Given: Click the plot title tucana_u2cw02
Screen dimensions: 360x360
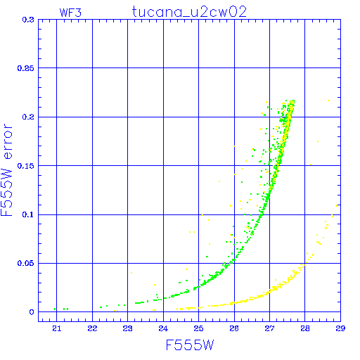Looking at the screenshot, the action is coord(189,12).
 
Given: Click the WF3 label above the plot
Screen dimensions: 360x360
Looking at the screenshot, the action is coord(70,13).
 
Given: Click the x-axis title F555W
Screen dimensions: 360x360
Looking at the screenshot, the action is coord(190,345).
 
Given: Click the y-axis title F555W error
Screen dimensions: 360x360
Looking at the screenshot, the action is coord(7,170).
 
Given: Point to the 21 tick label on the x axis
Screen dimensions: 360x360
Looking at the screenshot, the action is coord(57,328).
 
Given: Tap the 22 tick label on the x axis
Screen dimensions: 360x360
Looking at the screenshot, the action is coord(92,328).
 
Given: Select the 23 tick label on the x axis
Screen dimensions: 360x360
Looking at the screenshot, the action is coord(128,328).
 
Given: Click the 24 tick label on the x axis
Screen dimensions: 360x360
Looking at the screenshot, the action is coord(163,328).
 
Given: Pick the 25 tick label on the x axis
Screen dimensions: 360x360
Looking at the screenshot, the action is coord(198,328).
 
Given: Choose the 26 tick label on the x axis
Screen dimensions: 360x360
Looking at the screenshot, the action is coord(234,328).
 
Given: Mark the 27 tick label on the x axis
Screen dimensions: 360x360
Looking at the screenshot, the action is coord(269,328).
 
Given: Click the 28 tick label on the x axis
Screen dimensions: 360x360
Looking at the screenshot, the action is coord(305,328).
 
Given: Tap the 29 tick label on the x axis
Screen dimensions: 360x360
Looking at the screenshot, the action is coord(340,328).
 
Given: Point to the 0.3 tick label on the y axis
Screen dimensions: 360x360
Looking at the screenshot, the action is coord(28,20).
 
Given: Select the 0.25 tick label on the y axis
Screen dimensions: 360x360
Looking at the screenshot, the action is coord(26,68).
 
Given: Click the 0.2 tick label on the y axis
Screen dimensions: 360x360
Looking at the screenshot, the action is coord(28,117).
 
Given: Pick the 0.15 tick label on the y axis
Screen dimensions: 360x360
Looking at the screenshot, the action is coord(26,166).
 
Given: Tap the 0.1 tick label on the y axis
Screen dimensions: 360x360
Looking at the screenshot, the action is coord(28,214).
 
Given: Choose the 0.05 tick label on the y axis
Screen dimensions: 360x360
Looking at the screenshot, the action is coord(26,263).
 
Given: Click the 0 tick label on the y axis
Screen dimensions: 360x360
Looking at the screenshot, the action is coord(32,312).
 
